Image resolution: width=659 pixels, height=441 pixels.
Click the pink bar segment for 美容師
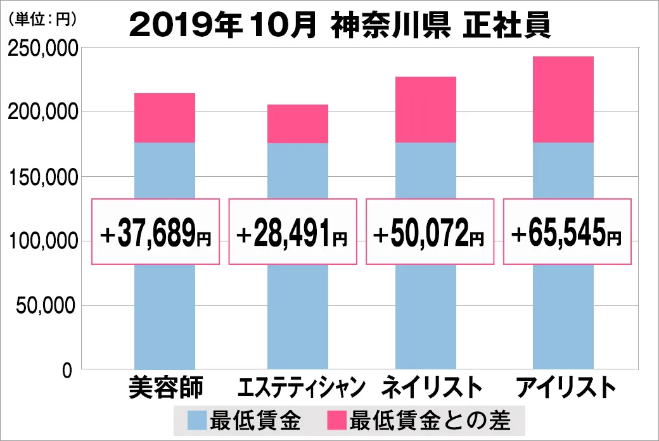165,118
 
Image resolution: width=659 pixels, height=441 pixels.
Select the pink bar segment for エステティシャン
298,124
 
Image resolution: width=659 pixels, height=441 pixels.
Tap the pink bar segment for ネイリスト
425,110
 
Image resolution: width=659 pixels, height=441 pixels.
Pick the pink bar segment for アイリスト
563,99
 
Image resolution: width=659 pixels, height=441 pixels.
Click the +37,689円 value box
156,232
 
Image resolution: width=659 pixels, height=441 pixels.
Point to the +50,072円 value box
429,232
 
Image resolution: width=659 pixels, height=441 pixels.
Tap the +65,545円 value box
567,232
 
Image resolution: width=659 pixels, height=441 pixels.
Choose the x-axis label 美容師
165,388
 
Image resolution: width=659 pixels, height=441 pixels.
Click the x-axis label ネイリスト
428,388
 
